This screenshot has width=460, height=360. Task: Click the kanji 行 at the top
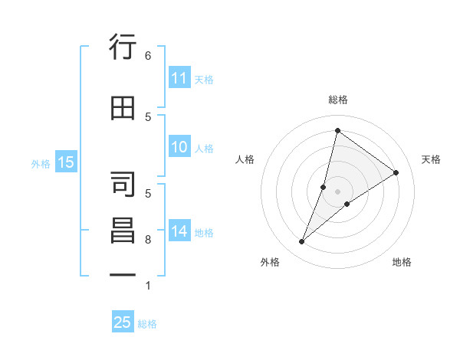point(123,47)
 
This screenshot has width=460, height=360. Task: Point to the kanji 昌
point(123,230)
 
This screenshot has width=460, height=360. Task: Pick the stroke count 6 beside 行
point(148,55)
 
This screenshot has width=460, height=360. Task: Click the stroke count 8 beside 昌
point(148,240)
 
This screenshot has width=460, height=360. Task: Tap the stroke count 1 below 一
point(148,286)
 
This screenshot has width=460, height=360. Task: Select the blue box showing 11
point(179,78)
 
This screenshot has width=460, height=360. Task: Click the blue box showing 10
point(179,148)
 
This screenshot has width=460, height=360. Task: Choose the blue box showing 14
point(179,232)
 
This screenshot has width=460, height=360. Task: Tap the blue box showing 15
point(66,162)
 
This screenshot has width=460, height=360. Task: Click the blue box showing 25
point(123,322)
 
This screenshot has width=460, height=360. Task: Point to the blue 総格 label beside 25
point(148,324)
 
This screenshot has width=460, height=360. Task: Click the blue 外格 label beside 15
point(41,163)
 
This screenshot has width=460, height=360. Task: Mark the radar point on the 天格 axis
point(396,173)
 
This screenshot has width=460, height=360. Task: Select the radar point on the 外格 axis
point(302,242)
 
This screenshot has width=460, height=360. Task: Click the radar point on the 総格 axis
point(337,129)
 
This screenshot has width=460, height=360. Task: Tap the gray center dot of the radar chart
point(337,191)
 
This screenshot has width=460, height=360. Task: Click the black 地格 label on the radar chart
point(402,262)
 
